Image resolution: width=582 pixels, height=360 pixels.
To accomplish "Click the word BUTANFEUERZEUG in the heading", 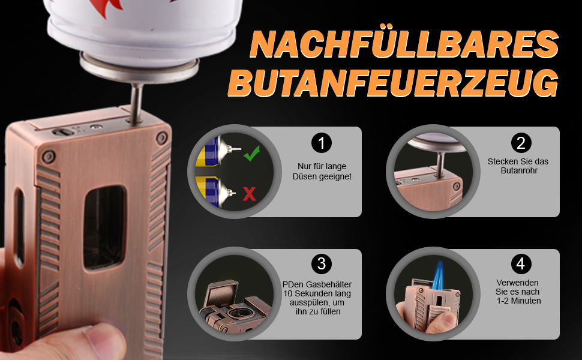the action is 394,82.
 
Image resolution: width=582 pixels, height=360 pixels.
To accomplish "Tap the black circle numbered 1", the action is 322,143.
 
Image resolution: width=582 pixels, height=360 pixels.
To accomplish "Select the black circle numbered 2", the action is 521,143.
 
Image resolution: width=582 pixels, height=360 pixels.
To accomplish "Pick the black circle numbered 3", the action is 322,264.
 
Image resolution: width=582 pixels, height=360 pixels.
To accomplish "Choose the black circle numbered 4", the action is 521,264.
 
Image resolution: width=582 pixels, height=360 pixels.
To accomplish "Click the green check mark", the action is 251,153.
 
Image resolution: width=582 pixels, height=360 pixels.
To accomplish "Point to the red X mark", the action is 250,194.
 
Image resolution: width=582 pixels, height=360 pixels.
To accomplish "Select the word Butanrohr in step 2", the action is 519,171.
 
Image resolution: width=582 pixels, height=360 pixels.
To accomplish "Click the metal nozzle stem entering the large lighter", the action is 136,103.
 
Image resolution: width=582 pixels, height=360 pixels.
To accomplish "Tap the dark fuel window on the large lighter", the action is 104,227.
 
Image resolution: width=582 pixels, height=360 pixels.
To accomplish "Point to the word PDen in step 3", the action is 293,284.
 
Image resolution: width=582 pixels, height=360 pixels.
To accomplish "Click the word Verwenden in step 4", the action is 517,283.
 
